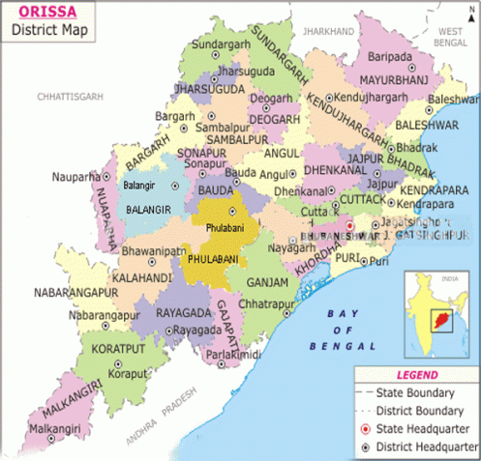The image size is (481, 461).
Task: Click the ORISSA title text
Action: (38, 13)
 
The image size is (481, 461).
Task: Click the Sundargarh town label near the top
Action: (220, 45)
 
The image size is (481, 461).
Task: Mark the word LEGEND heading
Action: (417, 374)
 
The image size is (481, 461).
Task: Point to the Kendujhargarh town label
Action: (370, 98)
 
